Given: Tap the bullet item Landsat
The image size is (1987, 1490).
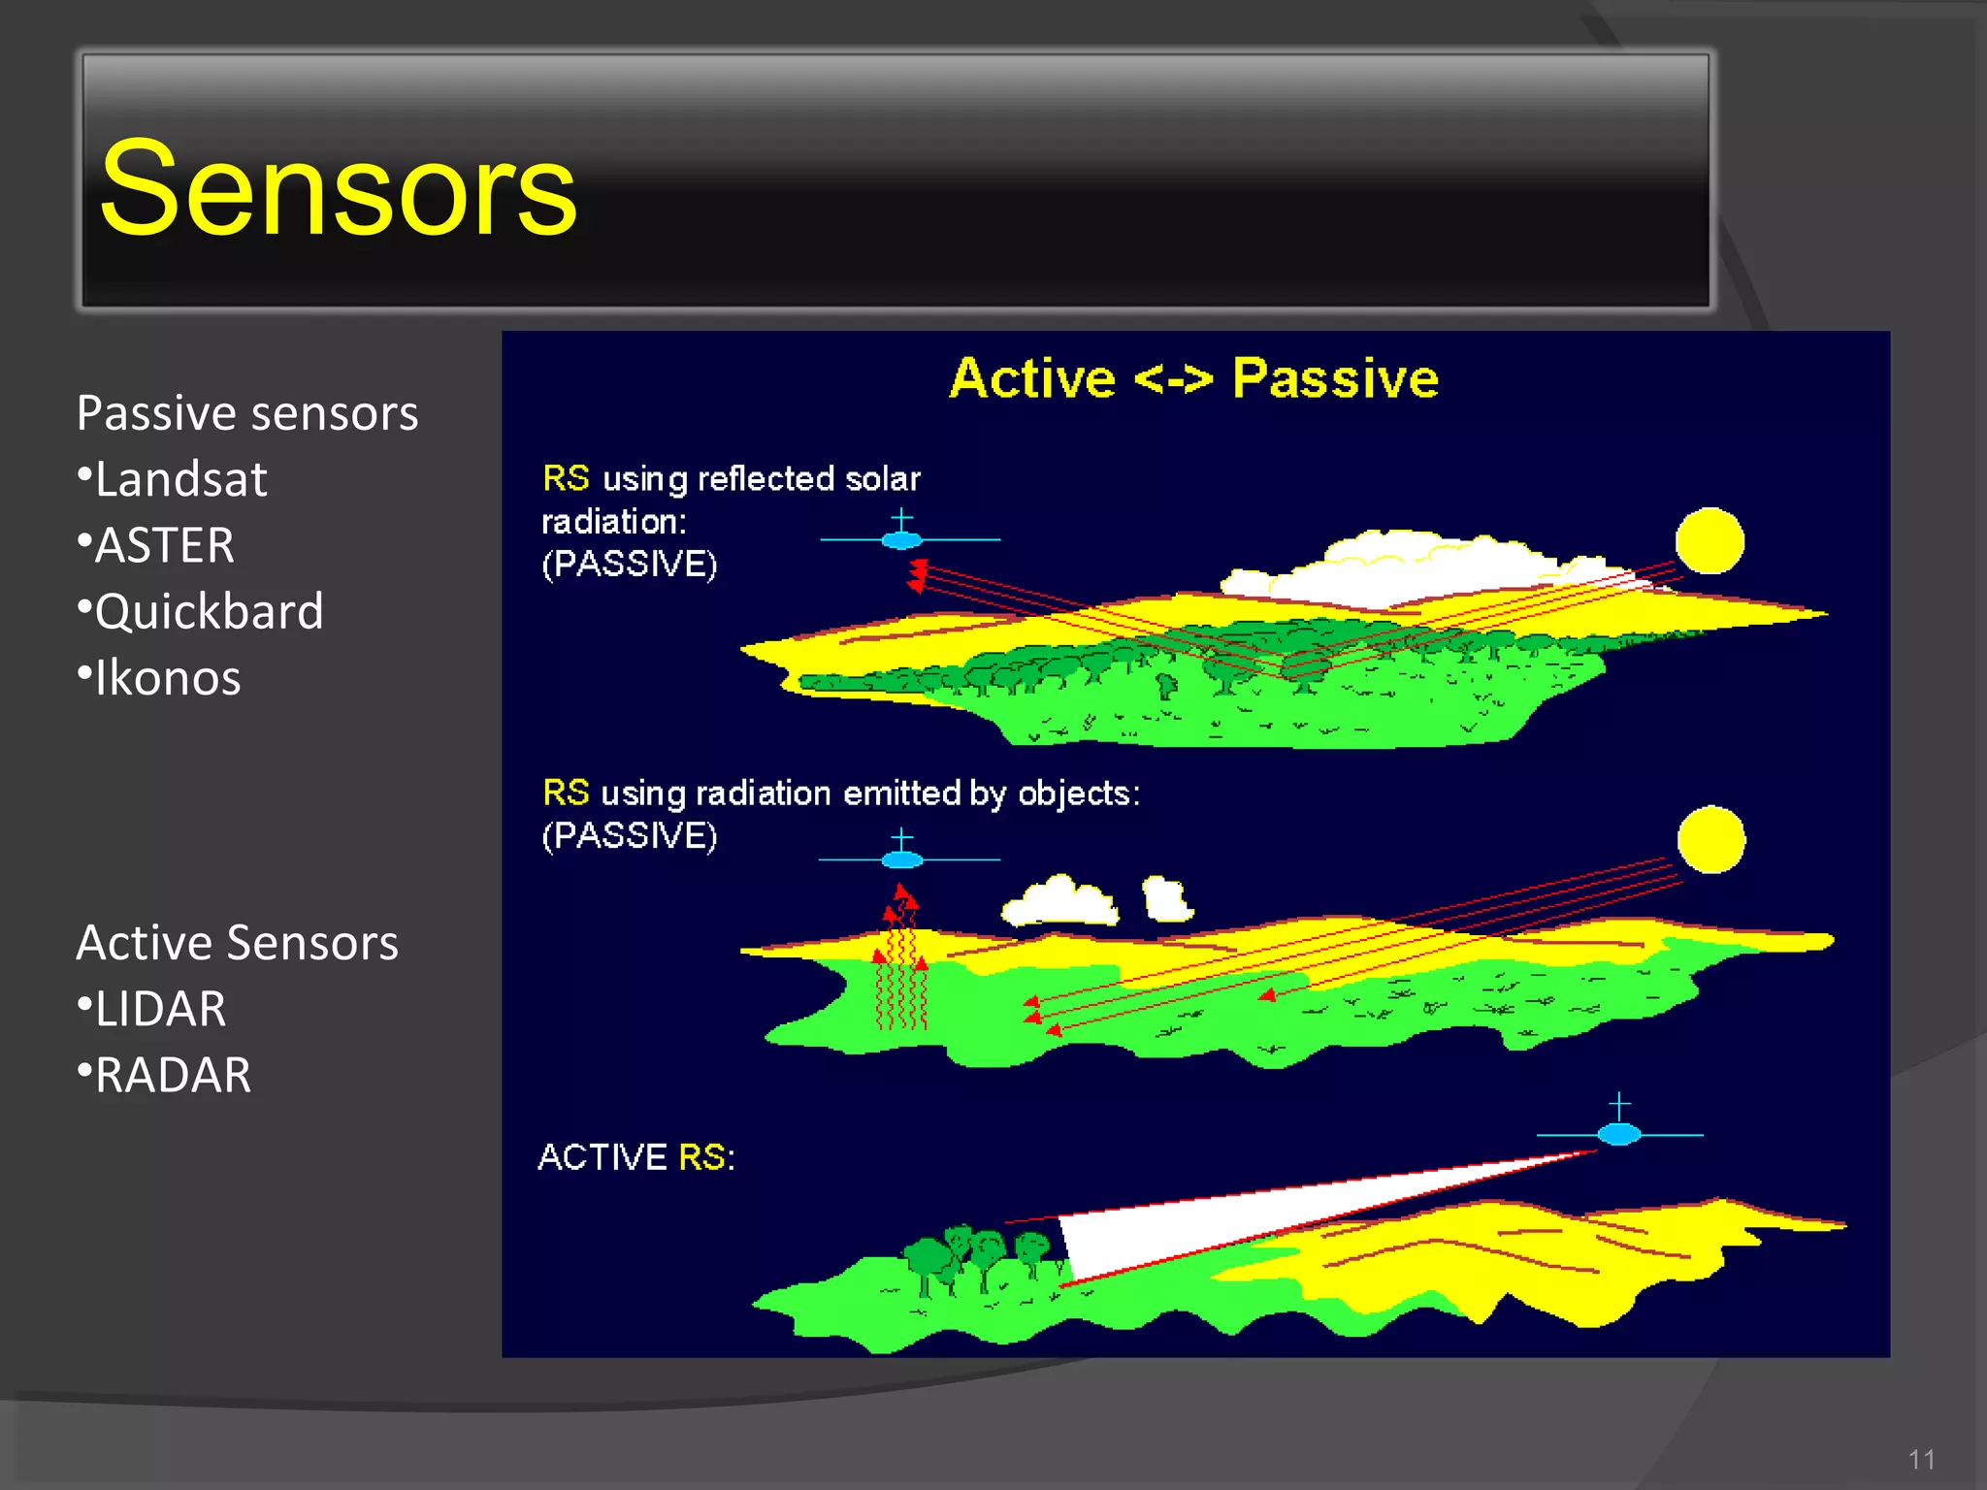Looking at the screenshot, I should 180,479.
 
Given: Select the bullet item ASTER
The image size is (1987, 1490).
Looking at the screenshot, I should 164,545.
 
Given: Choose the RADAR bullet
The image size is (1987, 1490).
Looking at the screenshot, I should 173,1075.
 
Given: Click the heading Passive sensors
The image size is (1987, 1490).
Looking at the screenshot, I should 247,413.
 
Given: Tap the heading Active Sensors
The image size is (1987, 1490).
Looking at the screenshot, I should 238,943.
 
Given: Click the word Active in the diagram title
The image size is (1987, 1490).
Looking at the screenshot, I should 1032,378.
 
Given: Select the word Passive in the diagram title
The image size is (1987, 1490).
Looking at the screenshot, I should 1335,378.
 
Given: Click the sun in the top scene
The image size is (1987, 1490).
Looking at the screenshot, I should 1710,540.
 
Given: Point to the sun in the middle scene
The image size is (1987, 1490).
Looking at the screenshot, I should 1710,839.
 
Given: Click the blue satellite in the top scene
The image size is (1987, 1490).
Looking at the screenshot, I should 902,538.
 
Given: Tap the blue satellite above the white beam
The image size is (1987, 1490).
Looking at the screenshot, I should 1618,1133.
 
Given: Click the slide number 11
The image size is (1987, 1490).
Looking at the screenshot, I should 1921,1459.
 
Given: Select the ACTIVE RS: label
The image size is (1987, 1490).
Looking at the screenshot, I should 636,1156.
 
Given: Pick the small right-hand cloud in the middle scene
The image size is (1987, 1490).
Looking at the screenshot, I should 1166,898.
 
